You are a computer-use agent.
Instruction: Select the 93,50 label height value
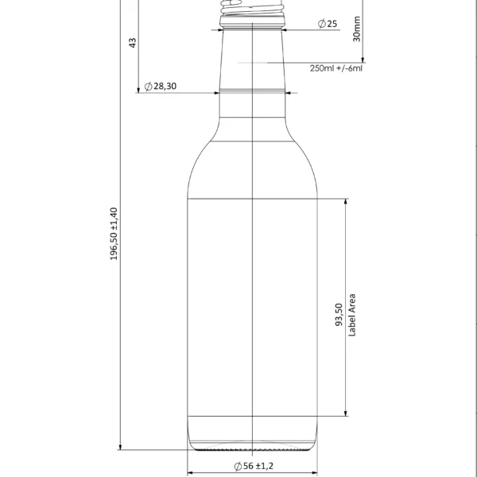(339, 315)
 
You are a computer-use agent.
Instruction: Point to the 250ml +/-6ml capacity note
(335, 68)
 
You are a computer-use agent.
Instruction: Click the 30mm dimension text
(357, 29)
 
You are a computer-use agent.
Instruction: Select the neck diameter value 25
(332, 24)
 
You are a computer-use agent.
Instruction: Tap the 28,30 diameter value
(165, 86)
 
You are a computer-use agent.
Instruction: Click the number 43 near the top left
(133, 41)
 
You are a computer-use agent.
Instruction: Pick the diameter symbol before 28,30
(148, 86)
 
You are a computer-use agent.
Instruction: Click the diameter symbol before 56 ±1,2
(238, 466)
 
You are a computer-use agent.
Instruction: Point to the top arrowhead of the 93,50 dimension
(346, 202)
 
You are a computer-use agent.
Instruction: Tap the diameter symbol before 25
(320, 24)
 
